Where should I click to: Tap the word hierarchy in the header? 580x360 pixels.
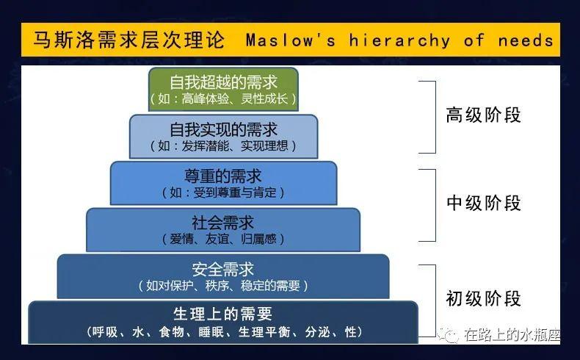[x=400, y=40]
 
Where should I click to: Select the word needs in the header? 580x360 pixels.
[x=526, y=40]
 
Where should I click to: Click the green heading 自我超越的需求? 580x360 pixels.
[x=223, y=82]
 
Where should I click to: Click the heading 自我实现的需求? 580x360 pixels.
[x=223, y=129]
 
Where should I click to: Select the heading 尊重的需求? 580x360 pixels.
[x=223, y=176]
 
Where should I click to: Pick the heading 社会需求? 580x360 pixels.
[x=223, y=222]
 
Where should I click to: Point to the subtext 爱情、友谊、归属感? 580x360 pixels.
[x=223, y=239]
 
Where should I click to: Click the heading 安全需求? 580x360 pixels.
[x=223, y=268]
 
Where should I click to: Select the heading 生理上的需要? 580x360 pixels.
[x=223, y=314]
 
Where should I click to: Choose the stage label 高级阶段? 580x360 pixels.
[x=483, y=115]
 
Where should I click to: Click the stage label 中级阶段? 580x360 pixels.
[x=483, y=204]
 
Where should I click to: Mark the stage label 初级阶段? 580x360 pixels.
[x=483, y=298]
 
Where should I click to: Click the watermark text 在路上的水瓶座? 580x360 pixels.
[x=512, y=336]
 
